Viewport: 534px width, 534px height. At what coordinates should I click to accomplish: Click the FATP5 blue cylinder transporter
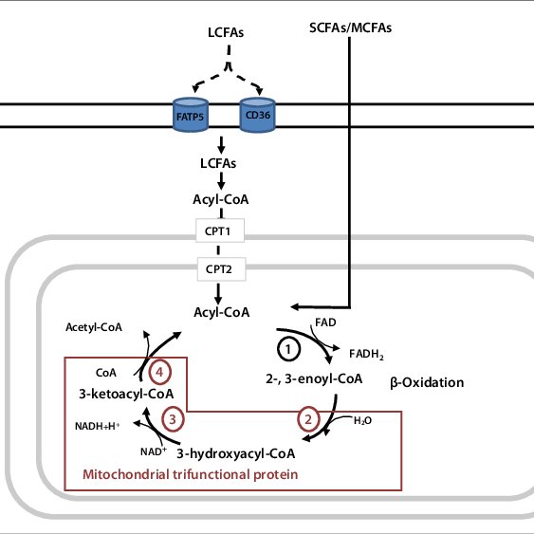191,115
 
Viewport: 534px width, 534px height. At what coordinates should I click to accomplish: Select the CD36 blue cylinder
257,115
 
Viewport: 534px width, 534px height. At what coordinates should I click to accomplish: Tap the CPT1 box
220,230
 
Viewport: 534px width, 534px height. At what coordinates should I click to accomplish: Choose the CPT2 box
221,269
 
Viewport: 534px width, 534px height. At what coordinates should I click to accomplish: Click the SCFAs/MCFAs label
350,28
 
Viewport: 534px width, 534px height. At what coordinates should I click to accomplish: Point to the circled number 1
288,349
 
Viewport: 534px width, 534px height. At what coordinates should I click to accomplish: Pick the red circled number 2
308,419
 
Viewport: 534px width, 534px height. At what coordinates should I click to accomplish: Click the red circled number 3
173,419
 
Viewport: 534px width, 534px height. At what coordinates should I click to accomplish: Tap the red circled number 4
159,372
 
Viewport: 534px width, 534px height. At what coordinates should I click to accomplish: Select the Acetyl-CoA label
94,327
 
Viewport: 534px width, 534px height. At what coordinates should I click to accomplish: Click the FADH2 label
366,354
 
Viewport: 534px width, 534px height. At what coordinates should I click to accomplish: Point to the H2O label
362,421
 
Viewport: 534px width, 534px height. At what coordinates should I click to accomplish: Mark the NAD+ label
154,451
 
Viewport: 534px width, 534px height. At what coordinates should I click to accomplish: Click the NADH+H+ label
98,426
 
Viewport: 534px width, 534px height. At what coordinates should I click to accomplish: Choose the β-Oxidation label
427,383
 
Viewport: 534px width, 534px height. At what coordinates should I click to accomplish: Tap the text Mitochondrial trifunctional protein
191,474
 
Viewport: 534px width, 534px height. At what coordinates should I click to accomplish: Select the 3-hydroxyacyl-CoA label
235,453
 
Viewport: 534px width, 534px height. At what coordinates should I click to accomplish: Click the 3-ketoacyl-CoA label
126,394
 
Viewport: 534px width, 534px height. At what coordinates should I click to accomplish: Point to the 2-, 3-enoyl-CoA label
314,379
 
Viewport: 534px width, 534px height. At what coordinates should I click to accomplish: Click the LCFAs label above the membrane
226,32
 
